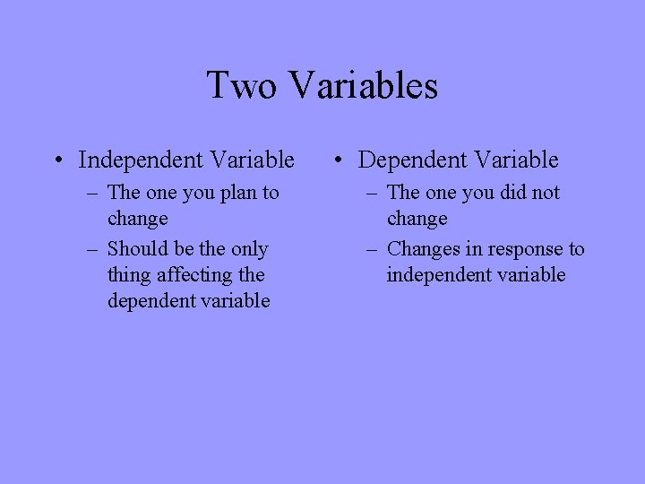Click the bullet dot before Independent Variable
point(57,161)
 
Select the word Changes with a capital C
point(422,248)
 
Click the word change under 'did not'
point(417,220)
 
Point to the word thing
point(129,275)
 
